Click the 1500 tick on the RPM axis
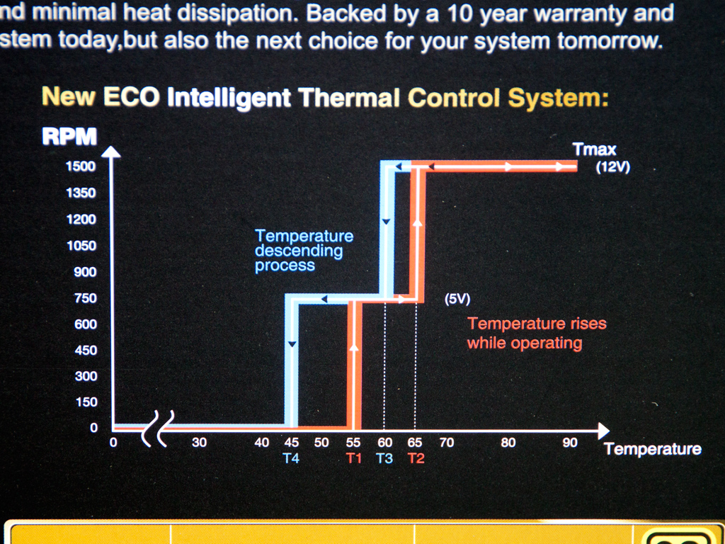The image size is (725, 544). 81,166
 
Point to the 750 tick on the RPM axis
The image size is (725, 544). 85,298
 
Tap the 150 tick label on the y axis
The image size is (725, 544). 86,402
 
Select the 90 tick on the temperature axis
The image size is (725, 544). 570,443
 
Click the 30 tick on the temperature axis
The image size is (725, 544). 199,442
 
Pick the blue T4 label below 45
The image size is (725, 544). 291,458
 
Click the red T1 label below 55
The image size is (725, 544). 353,458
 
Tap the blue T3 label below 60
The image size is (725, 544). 384,458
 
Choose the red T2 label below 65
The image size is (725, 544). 416,458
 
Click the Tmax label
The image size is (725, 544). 594,149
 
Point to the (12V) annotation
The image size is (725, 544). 612,167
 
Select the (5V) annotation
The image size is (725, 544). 457,300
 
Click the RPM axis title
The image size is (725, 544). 69,137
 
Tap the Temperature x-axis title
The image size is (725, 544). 652,448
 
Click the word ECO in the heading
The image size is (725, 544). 131,97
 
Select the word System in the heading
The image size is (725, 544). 558,98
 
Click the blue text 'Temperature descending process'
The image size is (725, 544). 304,250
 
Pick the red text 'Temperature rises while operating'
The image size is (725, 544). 537,333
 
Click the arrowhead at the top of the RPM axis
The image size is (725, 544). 111,152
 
